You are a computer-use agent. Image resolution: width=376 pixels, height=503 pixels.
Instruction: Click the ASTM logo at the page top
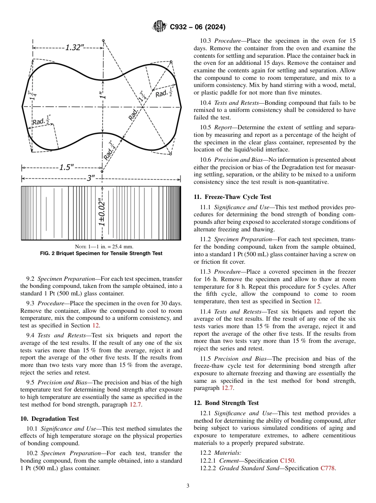coord(160,27)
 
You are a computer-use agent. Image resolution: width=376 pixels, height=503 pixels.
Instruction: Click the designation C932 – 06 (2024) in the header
coord(197,27)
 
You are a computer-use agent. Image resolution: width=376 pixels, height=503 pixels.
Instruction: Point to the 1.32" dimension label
coord(74,47)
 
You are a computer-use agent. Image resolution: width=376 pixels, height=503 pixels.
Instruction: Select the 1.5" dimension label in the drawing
coord(66,167)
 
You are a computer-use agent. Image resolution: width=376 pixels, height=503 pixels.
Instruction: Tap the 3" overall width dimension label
coord(91,178)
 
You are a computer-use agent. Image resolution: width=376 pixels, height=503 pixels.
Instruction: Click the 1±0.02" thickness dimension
coord(102,213)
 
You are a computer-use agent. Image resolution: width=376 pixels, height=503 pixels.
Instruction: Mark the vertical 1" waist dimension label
coord(103,95)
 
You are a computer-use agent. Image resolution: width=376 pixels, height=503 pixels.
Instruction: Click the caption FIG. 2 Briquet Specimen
coord(101,253)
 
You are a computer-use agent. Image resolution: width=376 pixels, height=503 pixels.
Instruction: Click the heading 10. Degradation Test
coord(49,418)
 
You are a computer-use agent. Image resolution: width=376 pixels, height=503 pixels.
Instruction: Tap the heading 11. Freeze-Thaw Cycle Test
coord(232,197)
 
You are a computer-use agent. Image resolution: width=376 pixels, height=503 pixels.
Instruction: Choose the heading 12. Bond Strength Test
coord(226,403)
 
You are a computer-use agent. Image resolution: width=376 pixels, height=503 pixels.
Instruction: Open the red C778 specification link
coord(328,468)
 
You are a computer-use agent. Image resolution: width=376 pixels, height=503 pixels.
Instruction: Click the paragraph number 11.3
coord(206,272)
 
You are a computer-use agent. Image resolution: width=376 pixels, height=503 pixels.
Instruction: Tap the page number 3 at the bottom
coord(188,486)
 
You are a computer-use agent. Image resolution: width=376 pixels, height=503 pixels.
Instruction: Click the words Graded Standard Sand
coord(243,468)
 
